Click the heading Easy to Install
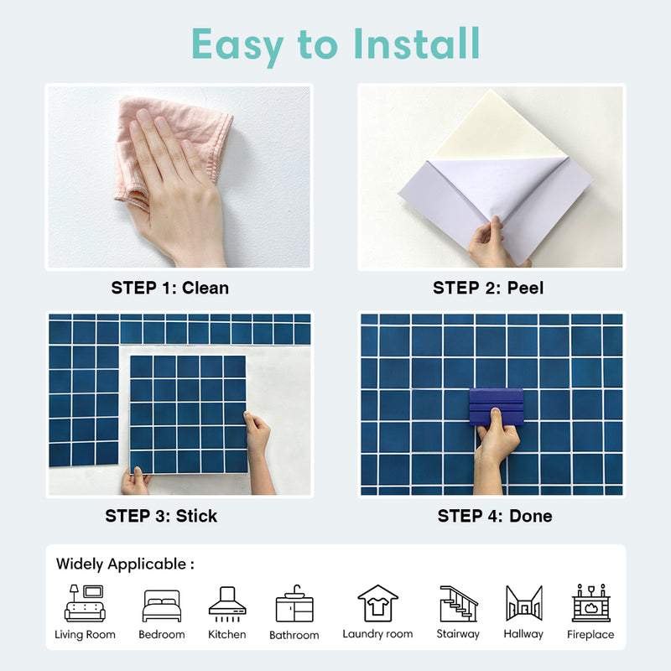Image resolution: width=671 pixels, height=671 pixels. point(335,44)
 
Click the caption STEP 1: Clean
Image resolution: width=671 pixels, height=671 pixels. point(169,288)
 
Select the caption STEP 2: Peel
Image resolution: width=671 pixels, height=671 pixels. point(488,288)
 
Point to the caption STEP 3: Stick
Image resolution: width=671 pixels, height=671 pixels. point(161,516)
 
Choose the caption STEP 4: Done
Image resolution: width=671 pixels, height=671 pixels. point(495,516)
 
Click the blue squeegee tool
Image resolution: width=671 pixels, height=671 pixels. point(496,406)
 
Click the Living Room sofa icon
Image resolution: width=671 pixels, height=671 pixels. point(85,603)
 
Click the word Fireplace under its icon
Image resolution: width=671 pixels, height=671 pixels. point(590,635)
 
